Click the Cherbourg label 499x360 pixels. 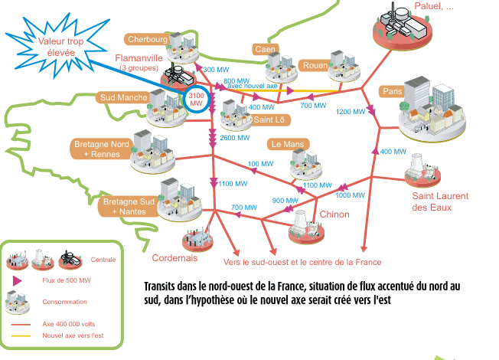click(148, 40)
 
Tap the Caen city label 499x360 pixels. click(266, 50)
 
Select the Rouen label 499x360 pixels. click(315, 65)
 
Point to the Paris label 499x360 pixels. click(393, 92)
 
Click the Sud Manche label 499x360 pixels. click(122, 98)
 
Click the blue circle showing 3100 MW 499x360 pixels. click(196, 99)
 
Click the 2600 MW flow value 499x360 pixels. click(232, 139)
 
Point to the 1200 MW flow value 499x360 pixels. click(349, 112)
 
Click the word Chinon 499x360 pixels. click(334, 214)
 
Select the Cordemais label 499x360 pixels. click(174, 258)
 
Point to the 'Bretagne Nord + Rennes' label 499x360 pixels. click(101, 149)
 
